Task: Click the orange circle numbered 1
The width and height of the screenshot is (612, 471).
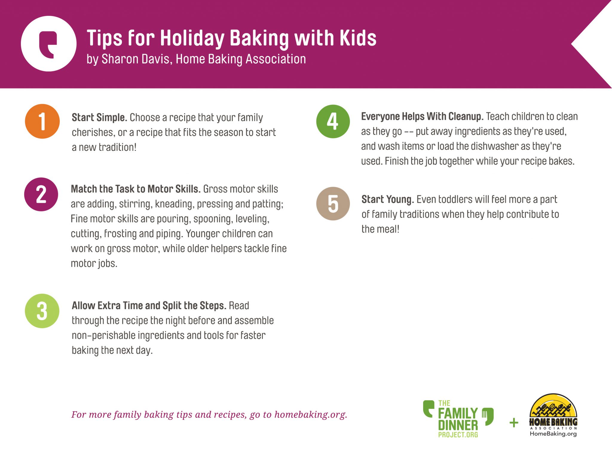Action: pyautogui.click(x=42, y=121)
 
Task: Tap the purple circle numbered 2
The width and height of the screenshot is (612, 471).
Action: pyautogui.click(x=41, y=194)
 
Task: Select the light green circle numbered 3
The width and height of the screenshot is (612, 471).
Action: pyautogui.click(x=42, y=311)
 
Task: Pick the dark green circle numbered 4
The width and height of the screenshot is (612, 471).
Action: pyautogui.click(x=333, y=121)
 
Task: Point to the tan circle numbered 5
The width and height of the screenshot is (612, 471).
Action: pyautogui.click(x=333, y=204)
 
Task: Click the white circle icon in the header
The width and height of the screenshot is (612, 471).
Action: pyautogui.click(x=49, y=44)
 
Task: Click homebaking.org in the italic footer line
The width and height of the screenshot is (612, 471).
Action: pyautogui.click(x=311, y=415)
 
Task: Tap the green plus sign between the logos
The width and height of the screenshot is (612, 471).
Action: pyautogui.click(x=514, y=423)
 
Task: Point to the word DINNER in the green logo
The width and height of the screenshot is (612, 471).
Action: pyautogui.click(x=458, y=425)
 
